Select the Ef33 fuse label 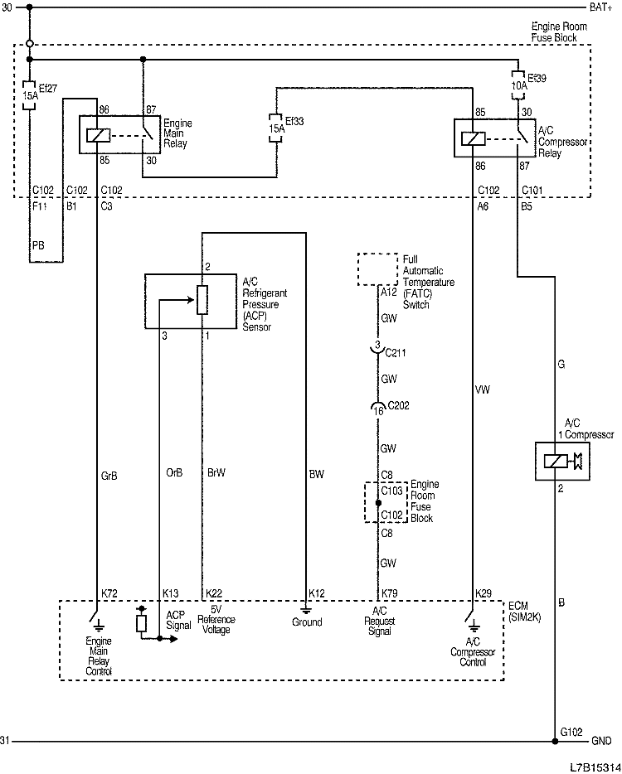(294, 121)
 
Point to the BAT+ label (600, 7)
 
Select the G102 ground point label (571, 732)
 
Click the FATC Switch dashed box (377, 269)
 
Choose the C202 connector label (399, 406)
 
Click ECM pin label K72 (109, 594)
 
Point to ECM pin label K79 (389, 594)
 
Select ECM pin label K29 (484, 594)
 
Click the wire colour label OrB (174, 474)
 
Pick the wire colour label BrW (216, 474)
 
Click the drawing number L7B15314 (594, 767)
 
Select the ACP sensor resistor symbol (202, 300)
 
